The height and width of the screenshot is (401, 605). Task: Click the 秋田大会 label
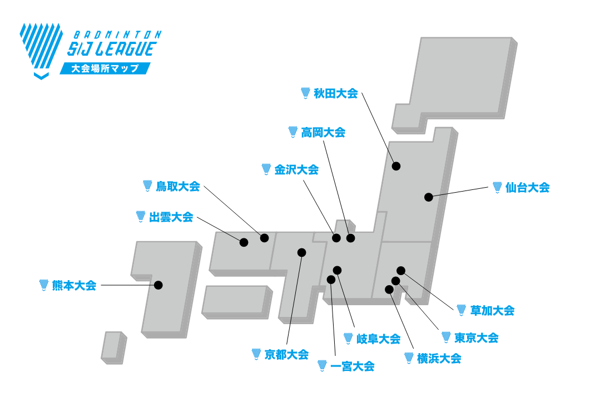(336, 94)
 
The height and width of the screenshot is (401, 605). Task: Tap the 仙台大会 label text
(528, 188)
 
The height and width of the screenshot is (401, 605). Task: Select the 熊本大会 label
(74, 286)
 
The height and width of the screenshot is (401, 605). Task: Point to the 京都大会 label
(286, 354)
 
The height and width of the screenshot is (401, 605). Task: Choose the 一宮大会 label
(352, 366)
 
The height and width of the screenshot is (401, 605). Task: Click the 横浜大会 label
(439, 359)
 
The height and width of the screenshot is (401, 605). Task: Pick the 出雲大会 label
(171, 217)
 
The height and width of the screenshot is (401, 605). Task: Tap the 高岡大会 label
(323, 133)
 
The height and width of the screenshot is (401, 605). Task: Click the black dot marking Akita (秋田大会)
(396, 165)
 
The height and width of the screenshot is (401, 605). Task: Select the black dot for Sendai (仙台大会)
(428, 197)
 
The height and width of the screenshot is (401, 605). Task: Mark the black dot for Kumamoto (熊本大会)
(158, 285)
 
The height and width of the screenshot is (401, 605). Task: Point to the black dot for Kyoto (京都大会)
(302, 252)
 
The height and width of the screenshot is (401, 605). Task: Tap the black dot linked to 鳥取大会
(265, 238)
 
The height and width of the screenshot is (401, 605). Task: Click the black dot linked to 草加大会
(401, 271)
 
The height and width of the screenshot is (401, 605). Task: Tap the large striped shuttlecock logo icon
(40, 50)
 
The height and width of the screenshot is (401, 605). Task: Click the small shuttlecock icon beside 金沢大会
(266, 169)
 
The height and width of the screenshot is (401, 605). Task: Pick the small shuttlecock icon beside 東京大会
(446, 337)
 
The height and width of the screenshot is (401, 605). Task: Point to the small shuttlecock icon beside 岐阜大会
(349, 338)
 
